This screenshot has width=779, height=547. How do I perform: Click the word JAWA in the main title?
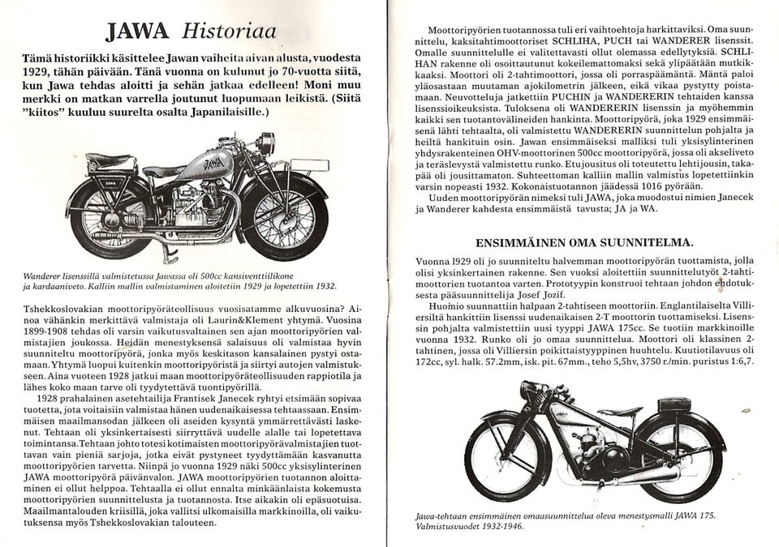(x=137, y=32)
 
